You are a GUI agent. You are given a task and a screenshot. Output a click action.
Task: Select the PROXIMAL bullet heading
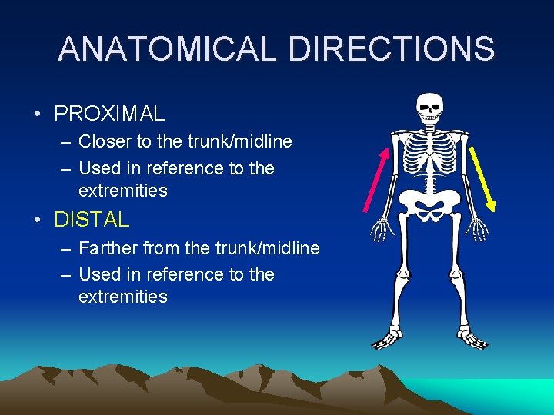click(109, 115)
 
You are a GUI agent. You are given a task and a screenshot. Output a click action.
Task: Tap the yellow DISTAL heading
click(92, 220)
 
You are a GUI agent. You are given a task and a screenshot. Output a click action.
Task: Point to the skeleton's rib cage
click(429, 154)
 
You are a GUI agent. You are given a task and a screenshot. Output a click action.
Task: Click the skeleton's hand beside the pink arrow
click(382, 229)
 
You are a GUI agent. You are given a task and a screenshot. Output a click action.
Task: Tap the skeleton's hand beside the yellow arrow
click(478, 229)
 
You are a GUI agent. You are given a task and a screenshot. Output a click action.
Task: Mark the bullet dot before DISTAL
click(38, 221)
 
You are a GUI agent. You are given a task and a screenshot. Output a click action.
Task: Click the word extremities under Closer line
click(122, 191)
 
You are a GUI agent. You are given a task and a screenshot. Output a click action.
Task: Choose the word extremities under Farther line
click(122, 297)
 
